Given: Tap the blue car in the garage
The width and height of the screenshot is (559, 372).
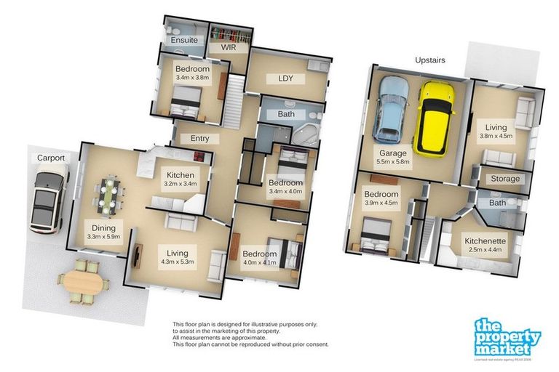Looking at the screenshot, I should [x=392, y=108].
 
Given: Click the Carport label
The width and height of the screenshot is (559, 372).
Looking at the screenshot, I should [x=51, y=158].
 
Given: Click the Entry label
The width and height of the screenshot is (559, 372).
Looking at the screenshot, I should [x=200, y=138].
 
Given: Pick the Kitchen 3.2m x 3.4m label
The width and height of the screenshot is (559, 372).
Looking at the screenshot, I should [x=180, y=179].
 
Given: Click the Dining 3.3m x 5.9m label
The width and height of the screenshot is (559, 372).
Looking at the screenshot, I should [x=103, y=230].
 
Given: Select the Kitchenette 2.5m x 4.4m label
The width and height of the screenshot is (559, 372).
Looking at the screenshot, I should [x=486, y=245].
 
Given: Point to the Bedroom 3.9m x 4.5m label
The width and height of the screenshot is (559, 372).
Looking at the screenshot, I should [x=381, y=199].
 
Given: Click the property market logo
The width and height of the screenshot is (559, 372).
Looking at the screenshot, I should [x=507, y=337].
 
